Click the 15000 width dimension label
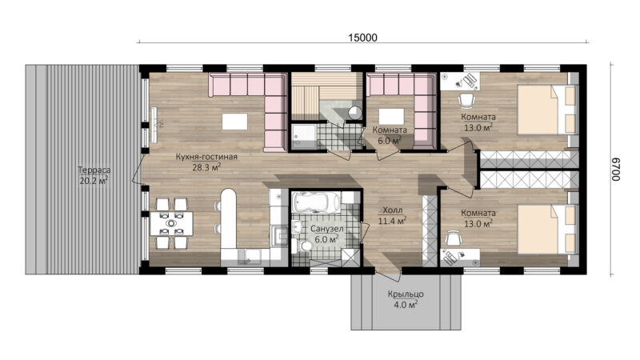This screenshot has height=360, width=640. click(362, 38)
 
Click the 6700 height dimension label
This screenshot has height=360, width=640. click(616, 170)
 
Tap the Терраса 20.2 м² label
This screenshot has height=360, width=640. click(94, 175)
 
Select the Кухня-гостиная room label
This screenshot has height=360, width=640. click(206, 157)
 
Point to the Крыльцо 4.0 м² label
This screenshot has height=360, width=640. click(406, 299)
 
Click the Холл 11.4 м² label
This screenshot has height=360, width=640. click(392, 216)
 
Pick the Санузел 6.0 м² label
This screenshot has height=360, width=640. click(326, 234)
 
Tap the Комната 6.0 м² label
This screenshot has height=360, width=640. click(390, 135)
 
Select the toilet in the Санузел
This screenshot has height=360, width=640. click(303, 246)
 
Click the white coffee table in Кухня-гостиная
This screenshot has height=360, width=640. click(234, 122)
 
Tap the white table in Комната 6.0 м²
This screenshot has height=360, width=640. click(391, 116)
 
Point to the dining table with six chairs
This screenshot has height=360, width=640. click(171, 223)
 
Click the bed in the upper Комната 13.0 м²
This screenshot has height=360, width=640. click(547, 110)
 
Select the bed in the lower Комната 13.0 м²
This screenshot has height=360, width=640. click(547, 230)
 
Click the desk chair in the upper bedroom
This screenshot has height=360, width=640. click(466, 99)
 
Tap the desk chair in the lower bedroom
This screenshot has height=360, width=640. click(453, 238)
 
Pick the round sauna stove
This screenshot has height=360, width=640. click(354, 113)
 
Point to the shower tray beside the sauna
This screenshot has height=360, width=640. click(304, 136)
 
